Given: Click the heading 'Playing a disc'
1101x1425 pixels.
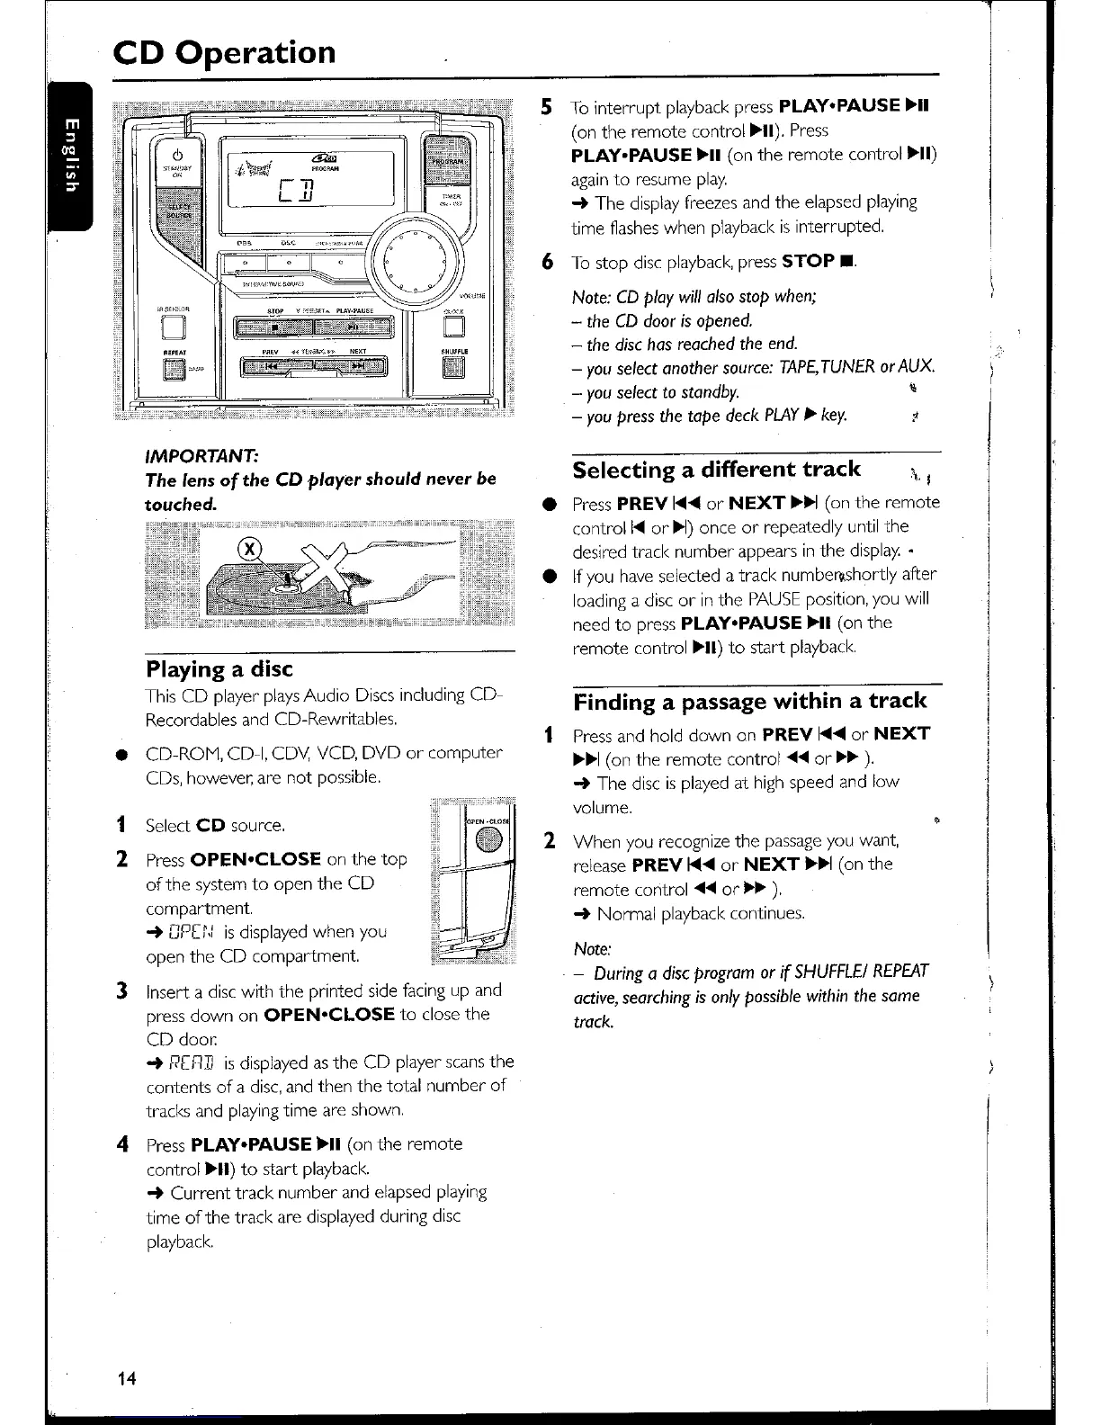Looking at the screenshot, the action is (219, 669).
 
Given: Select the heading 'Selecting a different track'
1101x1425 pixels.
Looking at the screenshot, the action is (716, 470).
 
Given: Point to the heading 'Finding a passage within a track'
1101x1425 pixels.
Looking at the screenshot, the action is (749, 701).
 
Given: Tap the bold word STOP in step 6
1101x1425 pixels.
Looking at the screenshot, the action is (810, 262).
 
